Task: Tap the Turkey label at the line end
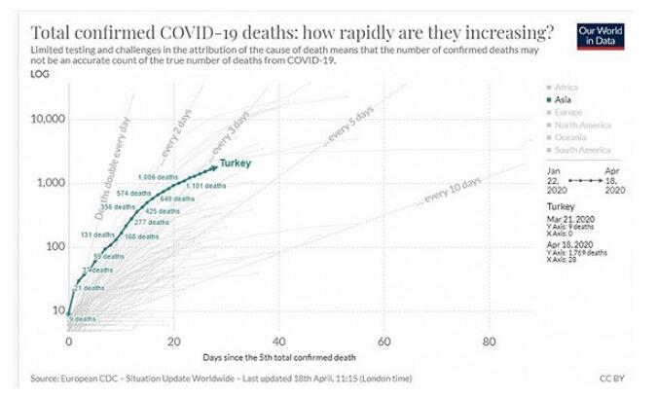[x=236, y=163]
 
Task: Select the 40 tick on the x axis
[x=279, y=342]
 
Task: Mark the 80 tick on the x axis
[x=490, y=342]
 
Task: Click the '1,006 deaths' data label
[x=160, y=177]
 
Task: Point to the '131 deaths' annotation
[x=98, y=235]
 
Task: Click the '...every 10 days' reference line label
[x=449, y=193]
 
